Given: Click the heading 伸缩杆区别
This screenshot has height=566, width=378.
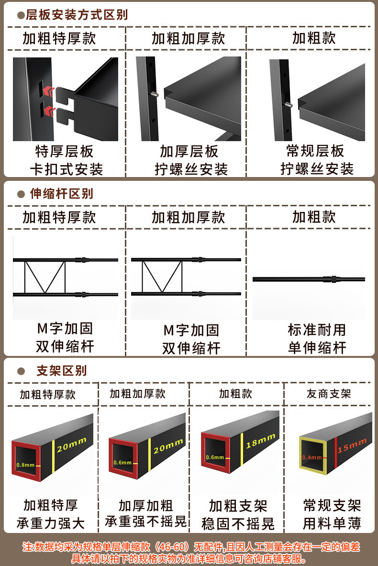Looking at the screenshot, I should (61, 194).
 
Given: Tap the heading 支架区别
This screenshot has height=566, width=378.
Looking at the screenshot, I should (61, 371).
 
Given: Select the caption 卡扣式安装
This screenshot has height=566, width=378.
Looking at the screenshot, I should (66, 169).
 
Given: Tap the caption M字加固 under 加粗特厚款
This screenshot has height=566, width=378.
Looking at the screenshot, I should (65, 329).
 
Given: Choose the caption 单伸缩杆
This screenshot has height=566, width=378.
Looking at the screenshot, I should (317, 348).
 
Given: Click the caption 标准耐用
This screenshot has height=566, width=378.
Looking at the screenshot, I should (317, 330).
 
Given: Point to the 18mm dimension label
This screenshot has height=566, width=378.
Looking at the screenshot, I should (261, 441).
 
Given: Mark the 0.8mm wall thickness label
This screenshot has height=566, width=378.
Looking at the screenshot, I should (25, 465).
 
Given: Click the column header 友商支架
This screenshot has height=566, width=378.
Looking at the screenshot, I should (329, 394).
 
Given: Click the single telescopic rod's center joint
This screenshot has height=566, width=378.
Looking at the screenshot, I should (330, 279).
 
